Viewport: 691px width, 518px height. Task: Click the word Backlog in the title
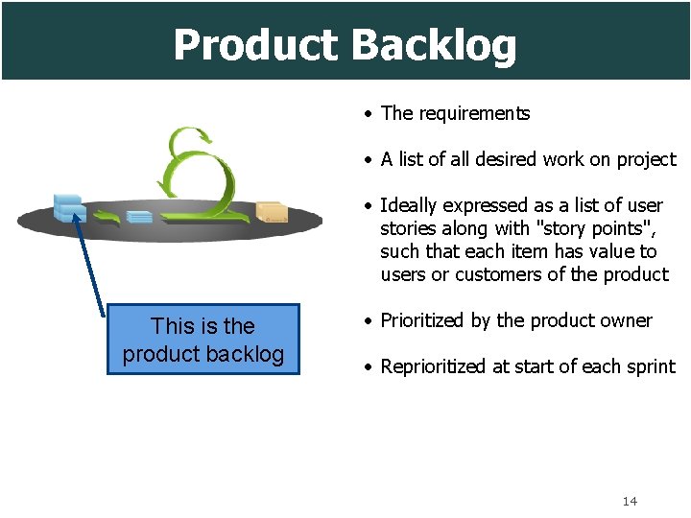434,45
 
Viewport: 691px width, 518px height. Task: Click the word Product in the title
255,45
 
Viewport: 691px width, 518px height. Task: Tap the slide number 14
630,501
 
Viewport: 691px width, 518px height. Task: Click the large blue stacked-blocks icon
69,207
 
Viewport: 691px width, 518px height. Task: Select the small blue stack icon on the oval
139,216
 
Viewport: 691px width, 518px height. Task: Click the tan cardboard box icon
273,212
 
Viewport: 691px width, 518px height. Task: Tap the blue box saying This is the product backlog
203,340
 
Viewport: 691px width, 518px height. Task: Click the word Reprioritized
437,366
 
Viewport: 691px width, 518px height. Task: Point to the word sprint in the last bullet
651,366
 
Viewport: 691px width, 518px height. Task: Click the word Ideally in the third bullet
411,205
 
